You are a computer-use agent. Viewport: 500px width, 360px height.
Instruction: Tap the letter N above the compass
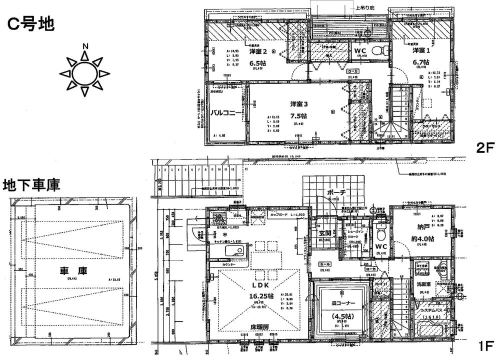coord(85,46)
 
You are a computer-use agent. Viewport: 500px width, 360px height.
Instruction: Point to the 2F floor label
coord(484,149)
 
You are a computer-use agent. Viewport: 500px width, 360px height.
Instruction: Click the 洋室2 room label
coord(259,51)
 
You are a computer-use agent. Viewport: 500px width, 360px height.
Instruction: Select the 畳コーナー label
coord(343,303)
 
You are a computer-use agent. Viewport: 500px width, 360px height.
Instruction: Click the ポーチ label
coord(333,192)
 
